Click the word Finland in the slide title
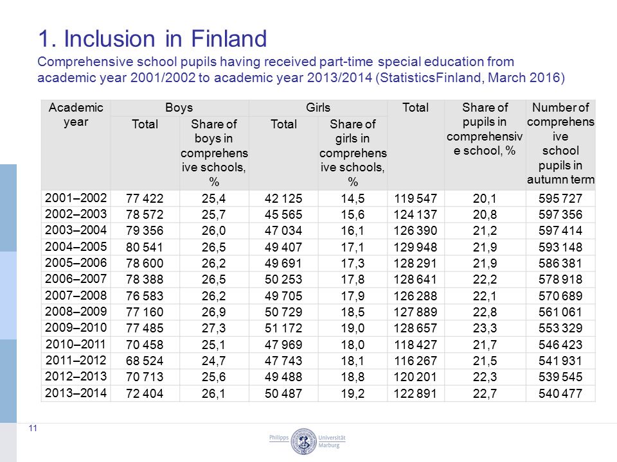[229, 39]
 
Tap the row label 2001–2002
[76, 198]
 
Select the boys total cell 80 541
[145, 247]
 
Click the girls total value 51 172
[283, 328]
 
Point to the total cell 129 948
[416, 247]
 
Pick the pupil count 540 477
[560, 393]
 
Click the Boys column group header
[179, 108]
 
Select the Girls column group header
[318, 108]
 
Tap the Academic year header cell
[76, 115]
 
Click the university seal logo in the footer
[303, 441]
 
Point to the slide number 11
[33, 428]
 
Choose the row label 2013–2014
[76, 393]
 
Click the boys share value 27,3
[213, 328]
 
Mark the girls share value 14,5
[353, 198]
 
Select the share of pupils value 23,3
[485, 328]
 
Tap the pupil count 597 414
[560, 230]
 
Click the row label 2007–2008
[76, 295]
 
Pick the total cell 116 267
[416, 361]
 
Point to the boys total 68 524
[145, 361]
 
